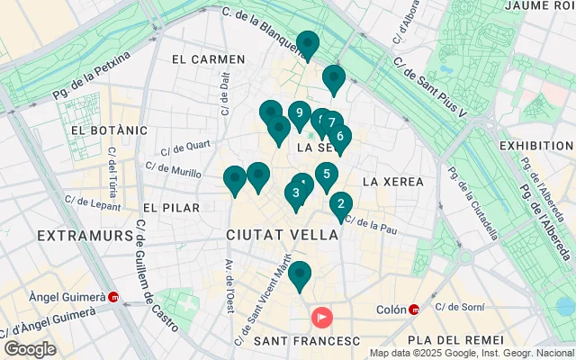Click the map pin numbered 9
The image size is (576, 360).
(300, 113)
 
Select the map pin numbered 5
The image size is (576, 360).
(326, 175)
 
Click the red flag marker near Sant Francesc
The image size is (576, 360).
(321, 318)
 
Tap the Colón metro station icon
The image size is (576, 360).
(414, 310)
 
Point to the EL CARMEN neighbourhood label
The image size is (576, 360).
(208, 59)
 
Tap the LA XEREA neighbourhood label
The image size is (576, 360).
(392, 182)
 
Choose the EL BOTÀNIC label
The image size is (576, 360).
(108, 130)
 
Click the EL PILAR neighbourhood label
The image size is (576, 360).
(170, 208)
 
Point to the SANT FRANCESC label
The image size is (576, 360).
(307, 341)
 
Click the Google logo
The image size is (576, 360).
(30, 349)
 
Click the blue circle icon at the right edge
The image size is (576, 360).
(566, 307)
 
